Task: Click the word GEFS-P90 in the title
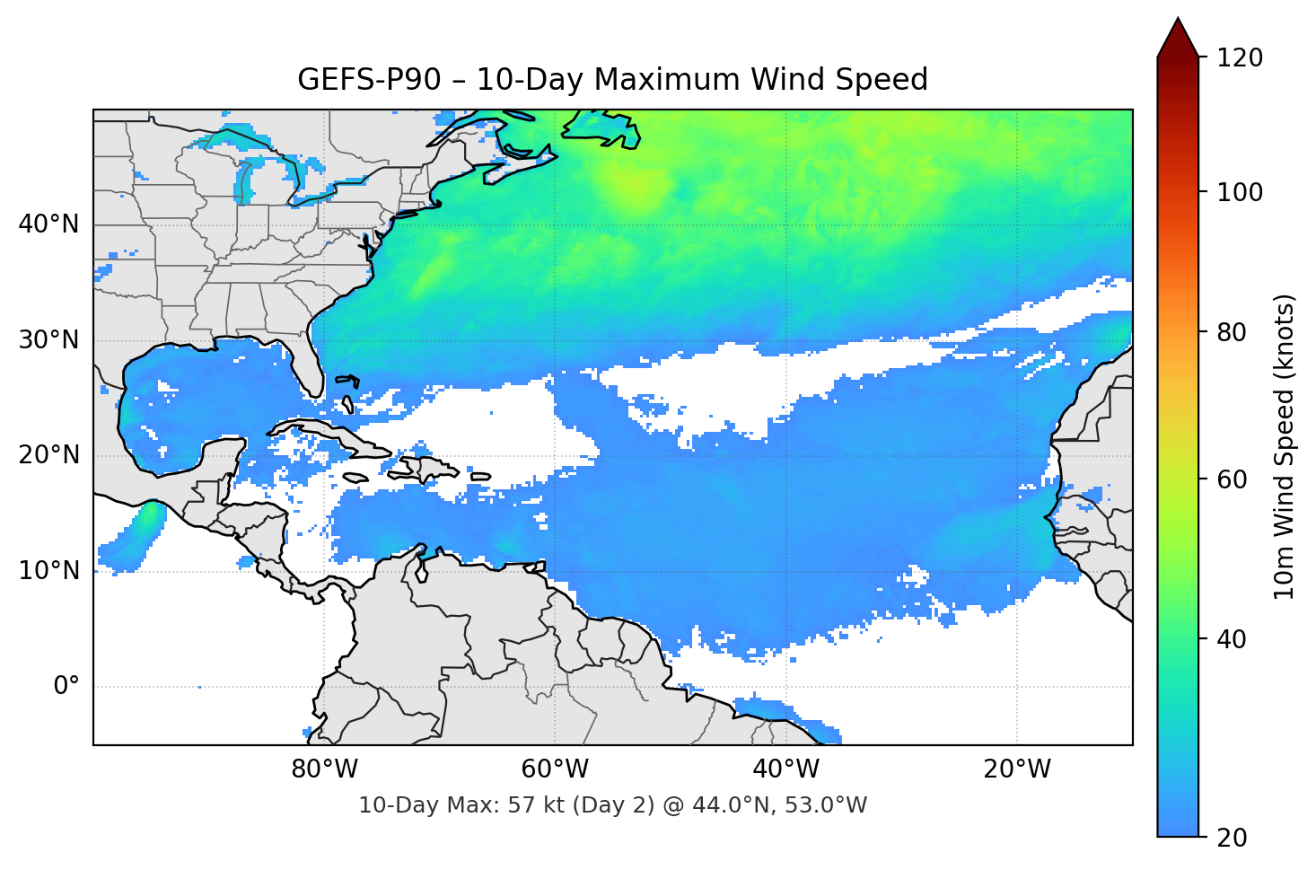pyautogui.click(x=369, y=80)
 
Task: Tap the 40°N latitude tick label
pyautogui.click(x=48, y=224)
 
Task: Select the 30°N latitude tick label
pyautogui.click(x=48, y=340)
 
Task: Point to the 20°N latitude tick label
pyautogui.click(x=48, y=455)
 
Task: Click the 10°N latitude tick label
pyautogui.click(x=48, y=571)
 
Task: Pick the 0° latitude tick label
pyautogui.click(x=66, y=687)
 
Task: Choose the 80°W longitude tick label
pyautogui.click(x=324, y=769)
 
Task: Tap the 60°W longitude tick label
pyautogui.click(x=555, y=769)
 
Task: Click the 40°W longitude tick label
pyautogui.click(x=785, y=769)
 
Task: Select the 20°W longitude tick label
pyautogui.click(x=1016, y=769)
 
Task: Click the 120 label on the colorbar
pyautogui.click(x=1240, y=58)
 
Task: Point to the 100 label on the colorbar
pyautogui.click(x=1240, y=192)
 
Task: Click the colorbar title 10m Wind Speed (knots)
pyautogui.click(x=1285, y=446)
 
